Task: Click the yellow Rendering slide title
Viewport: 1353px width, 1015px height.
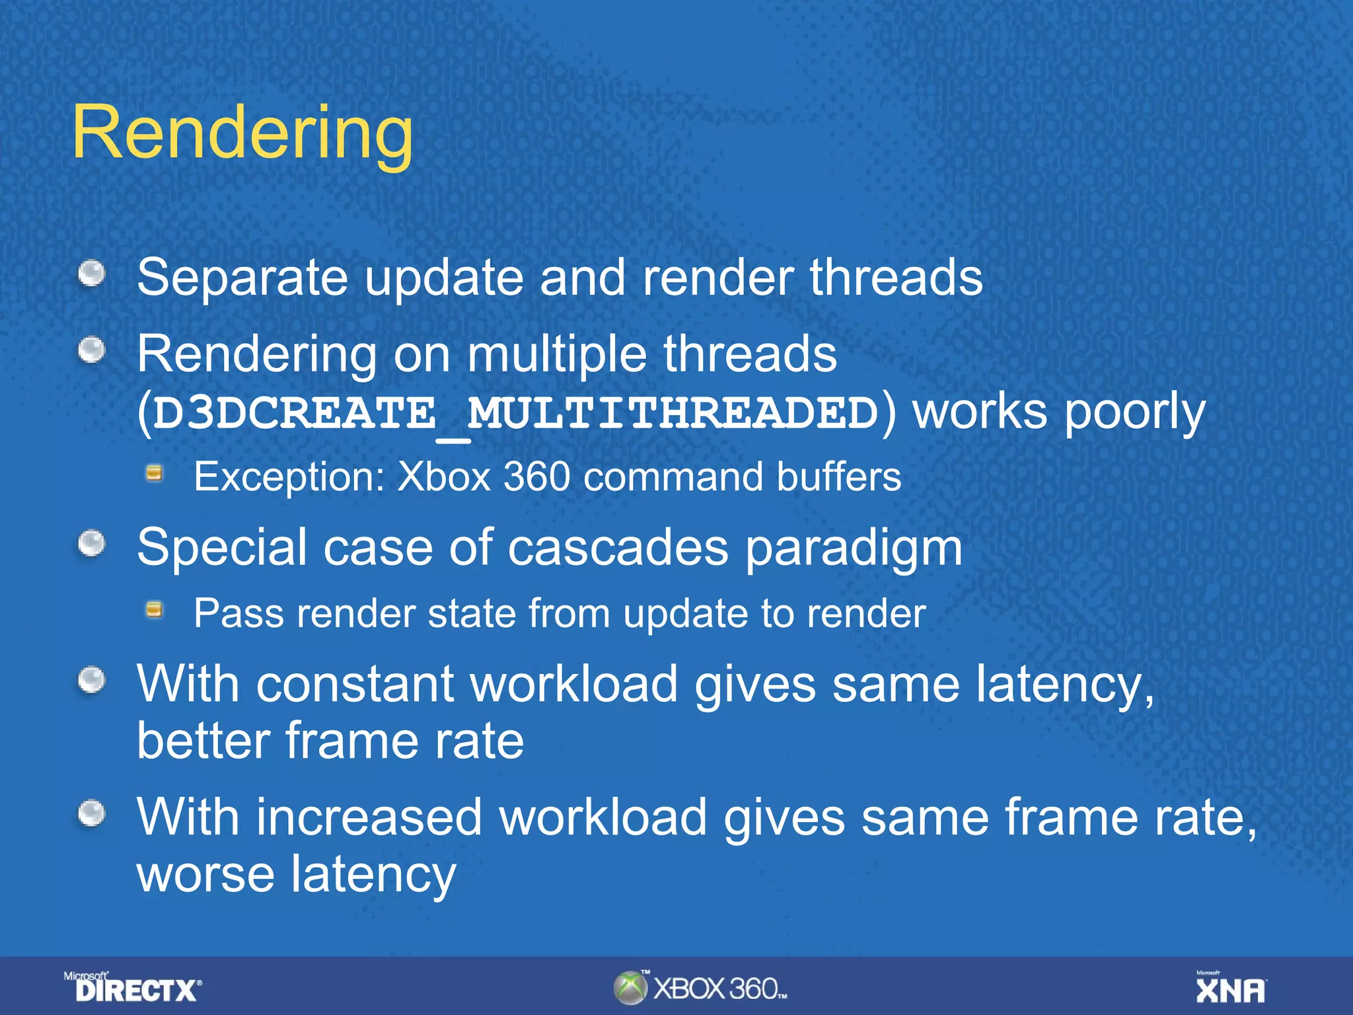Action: click(x=242, y=133)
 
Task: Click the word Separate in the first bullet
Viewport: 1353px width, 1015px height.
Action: click(x=242, y=278)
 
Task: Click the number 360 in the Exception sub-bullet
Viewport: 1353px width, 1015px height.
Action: click(x=536, y=476)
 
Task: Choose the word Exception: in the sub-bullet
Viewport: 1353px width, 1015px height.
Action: click(x=289, y=476)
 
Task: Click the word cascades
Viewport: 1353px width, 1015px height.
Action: click(x=617, y=548)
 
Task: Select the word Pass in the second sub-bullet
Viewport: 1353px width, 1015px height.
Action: click(x=238, y=613)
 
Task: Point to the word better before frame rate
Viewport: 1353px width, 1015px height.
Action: click(x=203, y=741)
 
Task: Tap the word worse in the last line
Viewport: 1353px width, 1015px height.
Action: click(x=205, y=874)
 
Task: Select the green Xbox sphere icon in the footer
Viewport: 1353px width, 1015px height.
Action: click(x=630, y=988)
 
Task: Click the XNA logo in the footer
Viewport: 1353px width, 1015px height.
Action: click(x=1231, y=989)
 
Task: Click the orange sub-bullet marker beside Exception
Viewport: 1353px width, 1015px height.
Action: click(x=155, y=473)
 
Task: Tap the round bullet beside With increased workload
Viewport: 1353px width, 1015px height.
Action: click(x=92, y=813)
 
